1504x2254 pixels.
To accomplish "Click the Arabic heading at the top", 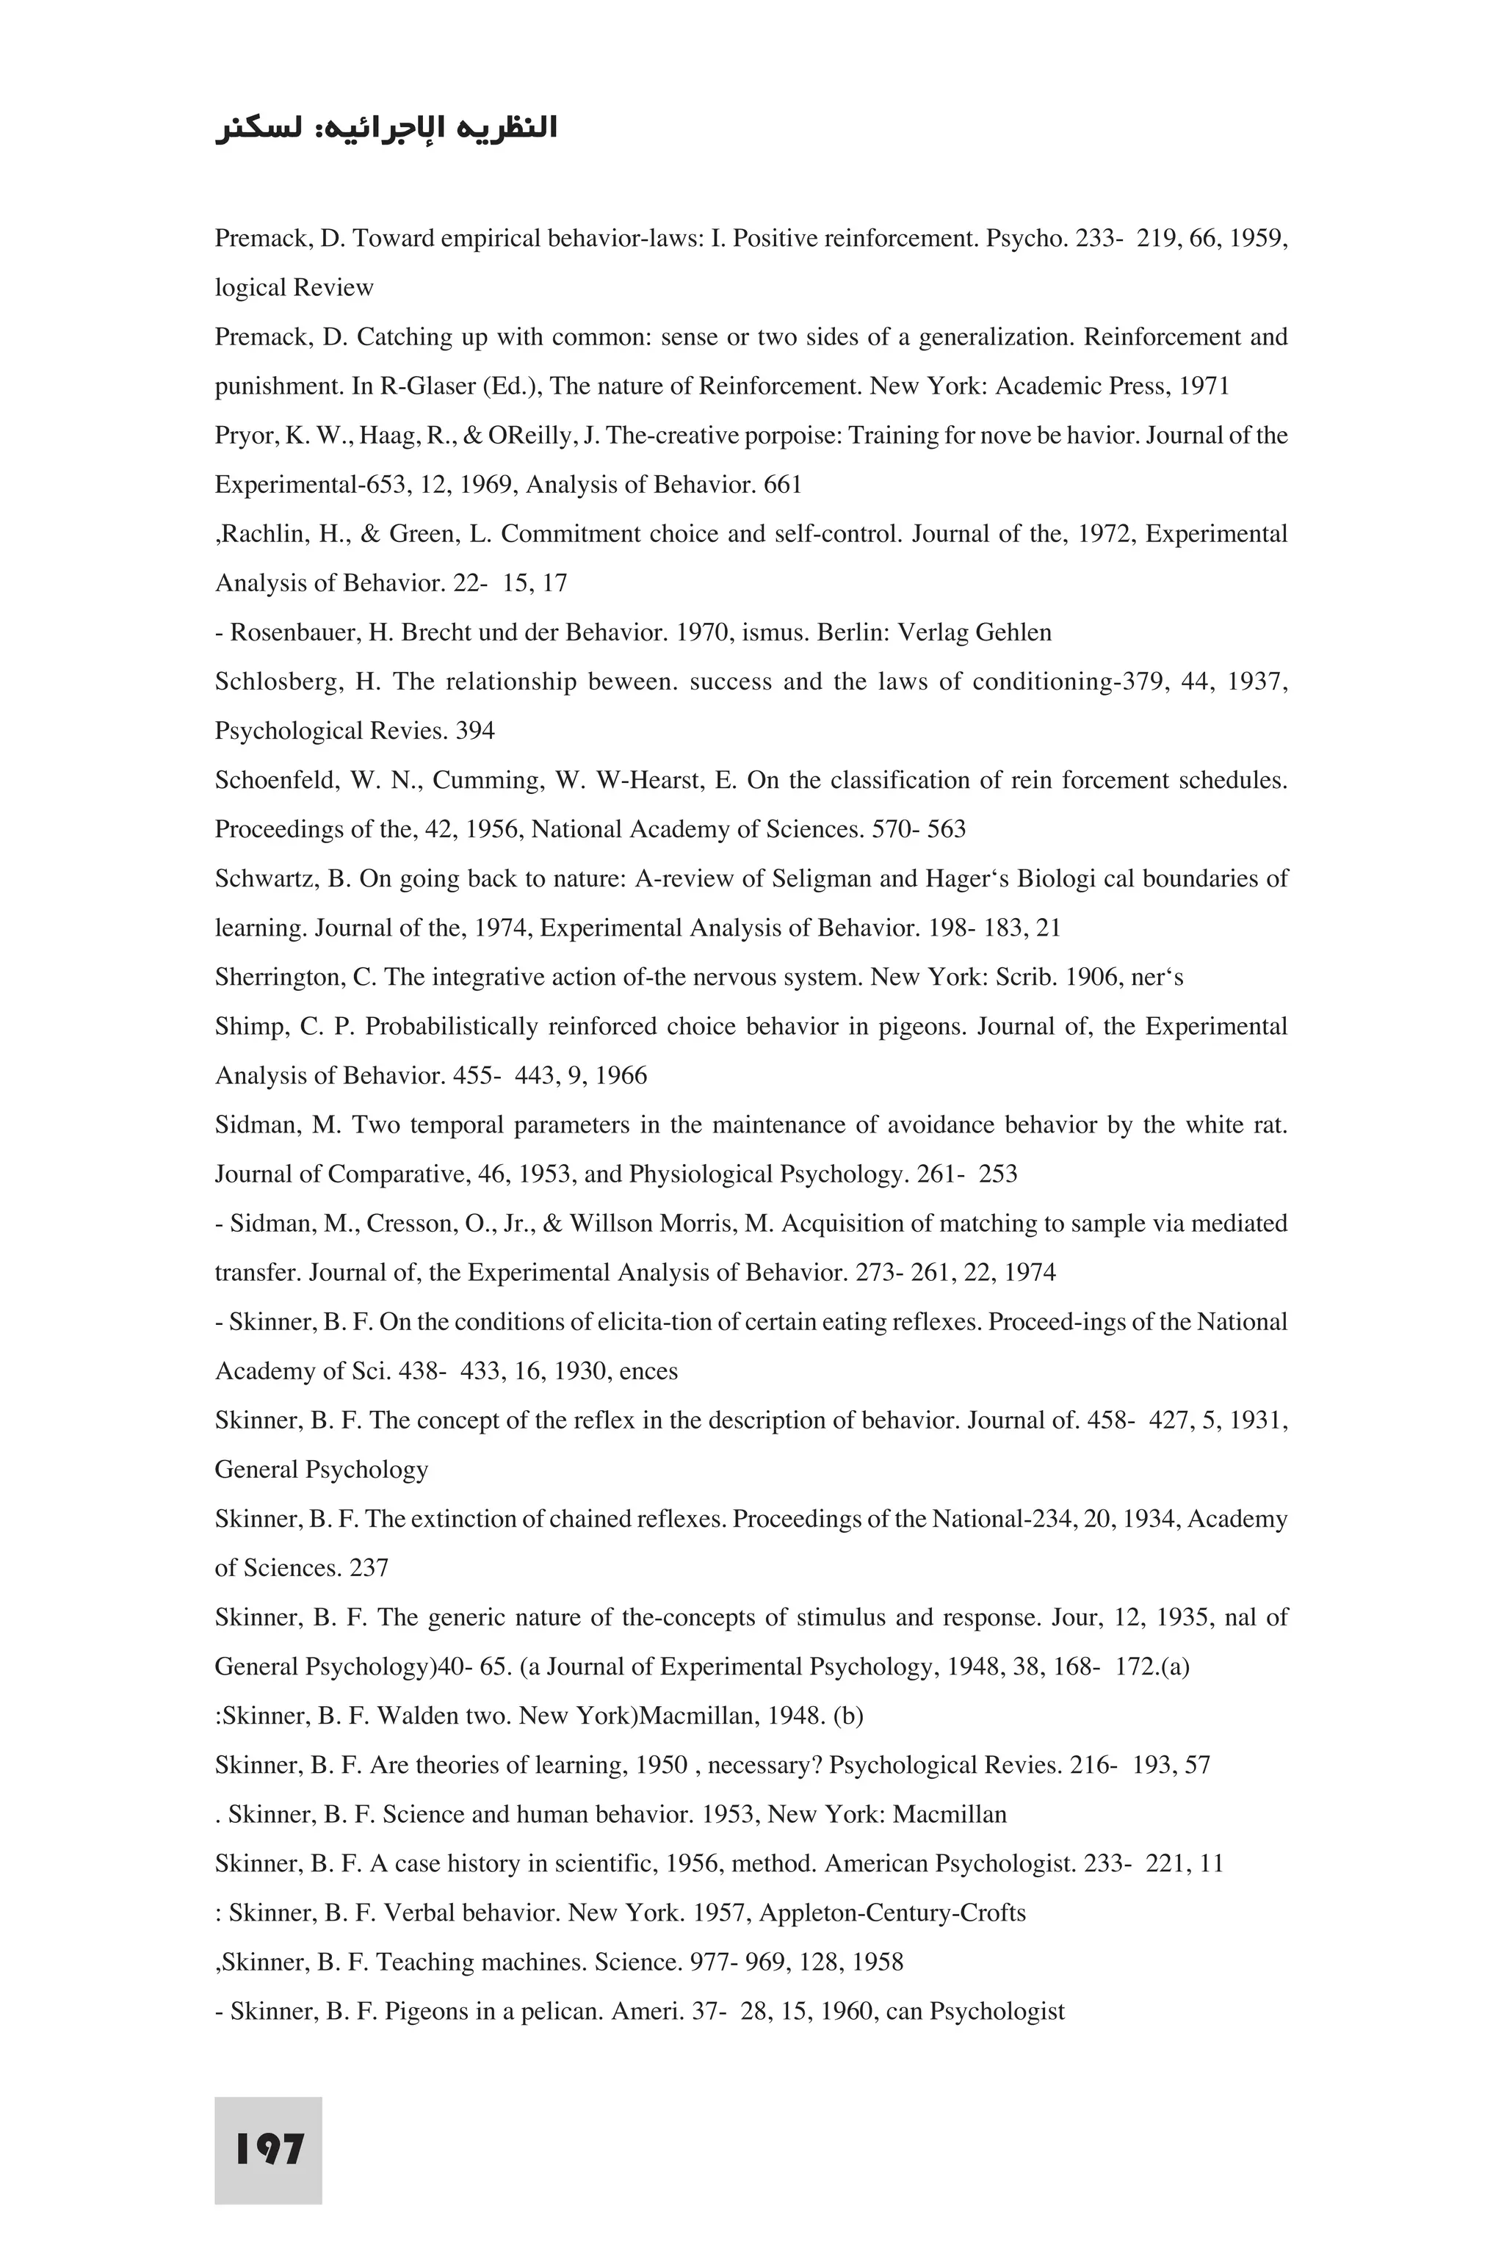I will (x=386, y=129).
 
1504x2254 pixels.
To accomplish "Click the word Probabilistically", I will (x=452, y=1026).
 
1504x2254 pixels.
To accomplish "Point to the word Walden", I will (x=417, y=1716).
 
